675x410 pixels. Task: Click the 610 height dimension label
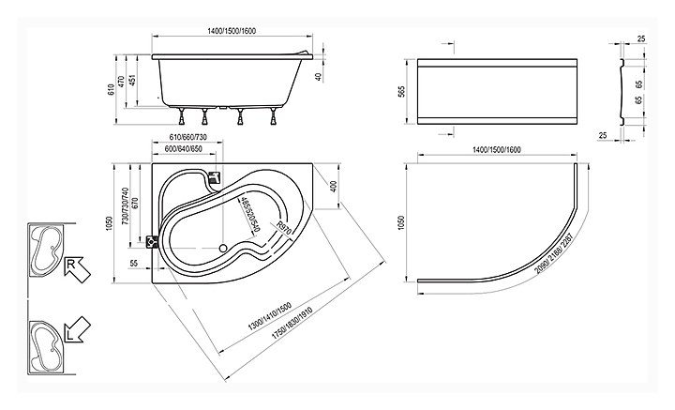(111, 89)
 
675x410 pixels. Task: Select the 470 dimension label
(121, 82)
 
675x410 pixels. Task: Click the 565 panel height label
(401, 92)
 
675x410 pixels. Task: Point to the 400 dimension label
(335, 186)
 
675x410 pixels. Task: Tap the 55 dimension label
(134, 263)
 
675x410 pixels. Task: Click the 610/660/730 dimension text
(187, 137)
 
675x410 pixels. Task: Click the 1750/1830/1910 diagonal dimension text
(292, 323)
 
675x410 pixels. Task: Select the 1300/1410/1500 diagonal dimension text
(270, 316)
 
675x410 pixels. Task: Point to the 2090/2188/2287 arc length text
(554, 253)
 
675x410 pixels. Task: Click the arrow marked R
(77, 269)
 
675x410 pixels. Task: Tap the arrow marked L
(78, 330)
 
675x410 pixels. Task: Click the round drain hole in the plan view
(222, 248)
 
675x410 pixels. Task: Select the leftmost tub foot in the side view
(181, 115)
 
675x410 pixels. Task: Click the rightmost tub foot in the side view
(273, 115)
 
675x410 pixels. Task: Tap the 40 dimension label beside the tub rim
(319, 77)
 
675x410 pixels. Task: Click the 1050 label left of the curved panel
(401, 222)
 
